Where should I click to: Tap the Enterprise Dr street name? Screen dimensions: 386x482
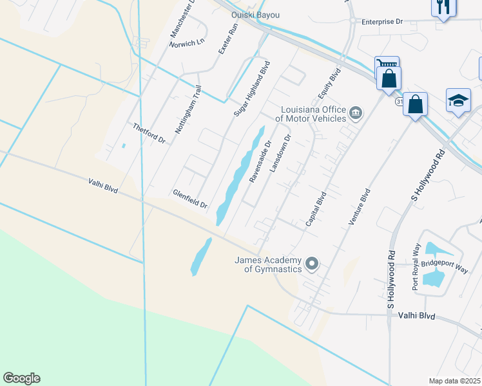[381, 21]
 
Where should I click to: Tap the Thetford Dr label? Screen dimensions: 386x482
[149, 133]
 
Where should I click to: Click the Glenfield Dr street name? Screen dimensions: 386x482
[189, 199]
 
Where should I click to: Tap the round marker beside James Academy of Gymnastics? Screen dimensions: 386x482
[312, 264]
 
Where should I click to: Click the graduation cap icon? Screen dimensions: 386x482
[458, 101]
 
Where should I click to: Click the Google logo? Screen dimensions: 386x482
[21, 378]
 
